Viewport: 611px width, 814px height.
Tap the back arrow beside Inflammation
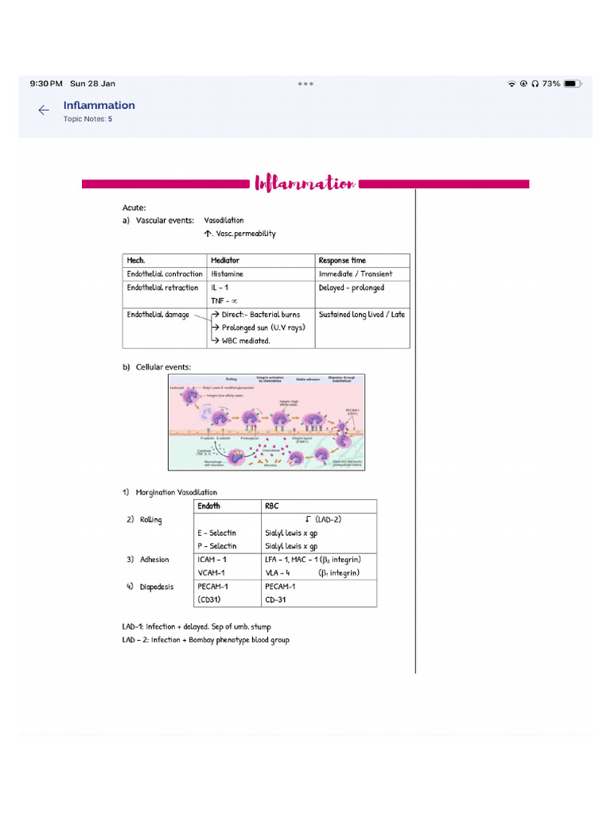[x=44, y=110]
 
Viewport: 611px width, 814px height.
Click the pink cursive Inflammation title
[x=305, y=184]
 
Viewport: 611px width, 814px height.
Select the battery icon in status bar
[x=570, y=83]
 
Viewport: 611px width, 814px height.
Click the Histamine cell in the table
[x=228, y=274]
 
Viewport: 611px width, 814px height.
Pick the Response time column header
[x=342, y=261]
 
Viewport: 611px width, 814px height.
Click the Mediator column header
[x=225, y=261]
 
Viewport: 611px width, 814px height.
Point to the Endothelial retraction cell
[x=162, y=288]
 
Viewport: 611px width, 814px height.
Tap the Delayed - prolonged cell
[x=351, y=288]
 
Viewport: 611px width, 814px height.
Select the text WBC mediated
[x=245, y=341]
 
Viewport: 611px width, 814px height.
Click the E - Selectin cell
[x=216, y=533]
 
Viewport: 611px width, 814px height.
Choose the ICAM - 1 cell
[x=212, y=560]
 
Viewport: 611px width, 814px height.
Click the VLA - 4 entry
[x=278, y=573]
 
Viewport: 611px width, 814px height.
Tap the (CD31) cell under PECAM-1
[x=211, y=599]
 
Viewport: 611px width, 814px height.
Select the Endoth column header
[x=208, y=506]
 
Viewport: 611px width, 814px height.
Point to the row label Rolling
[x=150, y=520]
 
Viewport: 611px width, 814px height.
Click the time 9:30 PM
[x=46, y=83]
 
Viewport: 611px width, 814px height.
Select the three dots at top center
[x=305, y=83]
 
